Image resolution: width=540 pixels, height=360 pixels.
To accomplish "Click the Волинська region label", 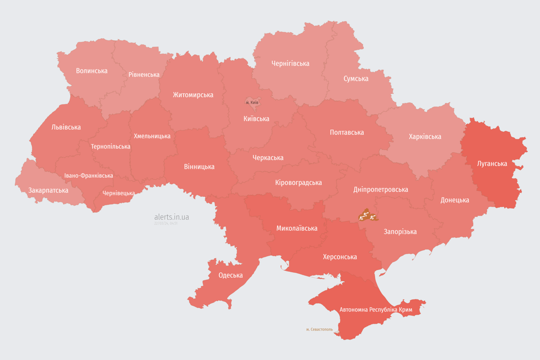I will tap(91, 71).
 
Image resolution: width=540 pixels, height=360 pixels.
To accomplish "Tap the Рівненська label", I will tap(144, 75).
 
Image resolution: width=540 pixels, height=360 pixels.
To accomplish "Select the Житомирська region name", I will tap(193, 95).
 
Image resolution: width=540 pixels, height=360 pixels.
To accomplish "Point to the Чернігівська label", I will tap(290, 63).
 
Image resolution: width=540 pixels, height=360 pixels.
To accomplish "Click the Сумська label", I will tap(356, 78).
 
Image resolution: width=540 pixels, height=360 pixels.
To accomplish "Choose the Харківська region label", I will tap(425, 136).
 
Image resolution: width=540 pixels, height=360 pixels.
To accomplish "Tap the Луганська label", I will tap(492, 164).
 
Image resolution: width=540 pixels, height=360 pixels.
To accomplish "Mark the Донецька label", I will tap(455, 200).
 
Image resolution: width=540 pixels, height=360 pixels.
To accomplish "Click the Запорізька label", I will tap(400, 232).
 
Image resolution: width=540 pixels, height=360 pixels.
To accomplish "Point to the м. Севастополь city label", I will tap(319, 330).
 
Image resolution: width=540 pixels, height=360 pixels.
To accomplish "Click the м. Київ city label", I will tap(252, 102).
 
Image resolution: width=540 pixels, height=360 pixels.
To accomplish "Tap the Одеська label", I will tap(231, 275).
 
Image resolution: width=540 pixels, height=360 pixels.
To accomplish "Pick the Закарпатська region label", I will tap(48, 190).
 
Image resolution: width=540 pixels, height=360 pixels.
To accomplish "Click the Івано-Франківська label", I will tap(89, 176).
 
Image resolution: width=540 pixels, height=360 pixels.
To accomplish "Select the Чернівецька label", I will tap(119, 193).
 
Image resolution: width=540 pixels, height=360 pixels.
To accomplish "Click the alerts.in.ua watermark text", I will tap(172, 217).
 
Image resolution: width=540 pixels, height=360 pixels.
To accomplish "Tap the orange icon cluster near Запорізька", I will tap(367, 216).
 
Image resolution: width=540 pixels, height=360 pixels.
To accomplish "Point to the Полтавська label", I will tap(347, 132).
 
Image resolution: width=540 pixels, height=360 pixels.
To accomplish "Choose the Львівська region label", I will tap(66, 127).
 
